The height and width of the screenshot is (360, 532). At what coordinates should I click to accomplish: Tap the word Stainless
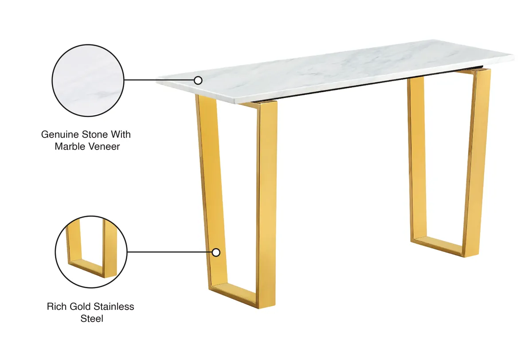point(113,306)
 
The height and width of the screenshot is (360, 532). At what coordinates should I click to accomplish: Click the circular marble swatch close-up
point(88,81)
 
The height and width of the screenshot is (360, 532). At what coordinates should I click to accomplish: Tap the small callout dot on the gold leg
point(216,252)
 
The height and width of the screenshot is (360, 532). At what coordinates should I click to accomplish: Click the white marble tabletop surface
point(337,71)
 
